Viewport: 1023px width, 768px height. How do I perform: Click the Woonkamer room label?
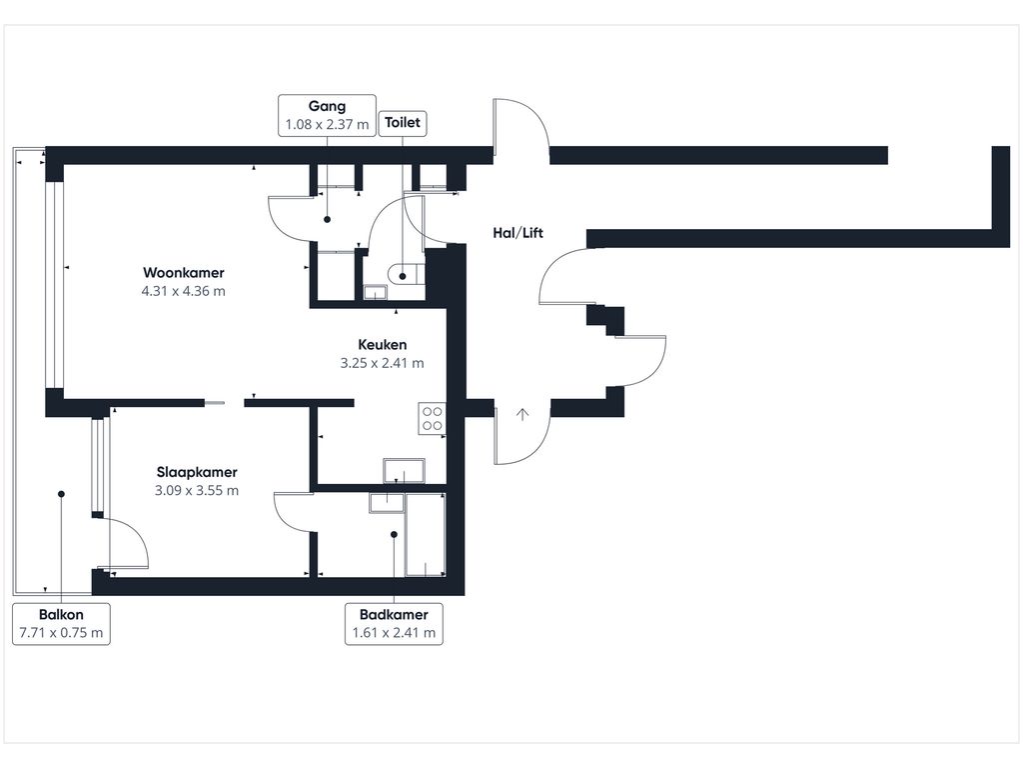tap(183, 273)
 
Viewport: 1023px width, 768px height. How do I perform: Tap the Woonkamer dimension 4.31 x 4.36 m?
tap(183, 291)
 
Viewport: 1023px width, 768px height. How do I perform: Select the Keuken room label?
tap(382, 345)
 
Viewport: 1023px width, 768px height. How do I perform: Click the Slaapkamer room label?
tap(196, 472)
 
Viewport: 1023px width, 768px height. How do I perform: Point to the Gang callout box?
tap(327, 115)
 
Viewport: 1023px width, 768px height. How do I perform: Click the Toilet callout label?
tap(405, 124)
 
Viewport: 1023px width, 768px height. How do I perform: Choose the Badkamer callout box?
tap(394, 624)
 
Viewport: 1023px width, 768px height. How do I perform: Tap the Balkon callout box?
tap(61, 624)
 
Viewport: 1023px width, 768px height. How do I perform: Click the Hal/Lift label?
tap(518, 233)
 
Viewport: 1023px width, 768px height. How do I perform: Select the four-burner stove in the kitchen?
tap(432, 418)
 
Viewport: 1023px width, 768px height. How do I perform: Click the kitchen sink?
tap(404, 471)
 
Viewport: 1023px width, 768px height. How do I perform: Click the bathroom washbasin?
tap(386, 502)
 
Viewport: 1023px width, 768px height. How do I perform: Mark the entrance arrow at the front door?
tap(521, 414)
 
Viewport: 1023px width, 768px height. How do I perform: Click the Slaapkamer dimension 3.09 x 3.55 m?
tap(196, 490)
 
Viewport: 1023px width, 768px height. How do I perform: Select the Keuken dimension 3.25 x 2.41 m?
tap(382, 363)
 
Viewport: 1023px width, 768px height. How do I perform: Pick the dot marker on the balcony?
tap(61, 493)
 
